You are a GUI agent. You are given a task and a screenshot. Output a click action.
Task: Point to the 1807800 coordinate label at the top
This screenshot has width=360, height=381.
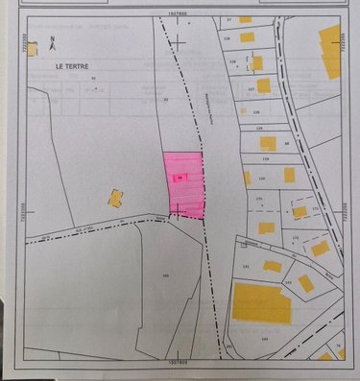coord(176,13)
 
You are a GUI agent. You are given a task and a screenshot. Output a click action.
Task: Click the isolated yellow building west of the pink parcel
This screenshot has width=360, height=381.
coord(115,199)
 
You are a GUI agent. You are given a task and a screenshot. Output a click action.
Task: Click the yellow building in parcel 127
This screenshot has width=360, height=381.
coord(264,85)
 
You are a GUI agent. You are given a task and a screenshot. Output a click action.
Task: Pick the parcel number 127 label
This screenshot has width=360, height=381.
coord(251,89)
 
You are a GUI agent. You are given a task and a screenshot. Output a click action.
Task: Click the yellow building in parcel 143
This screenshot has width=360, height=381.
coord(305,283)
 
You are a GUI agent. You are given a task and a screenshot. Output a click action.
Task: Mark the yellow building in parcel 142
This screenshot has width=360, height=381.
coord(274,266)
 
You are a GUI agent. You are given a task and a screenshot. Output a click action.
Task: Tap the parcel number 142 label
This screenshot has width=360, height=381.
coord(246,267)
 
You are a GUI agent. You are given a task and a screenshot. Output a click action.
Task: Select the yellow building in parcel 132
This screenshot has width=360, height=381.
coord(319,248)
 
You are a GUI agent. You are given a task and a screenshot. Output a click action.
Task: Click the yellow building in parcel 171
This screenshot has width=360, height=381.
coord(300,212)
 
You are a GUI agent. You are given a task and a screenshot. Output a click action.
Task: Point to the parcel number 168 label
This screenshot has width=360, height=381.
coord(166,275)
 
